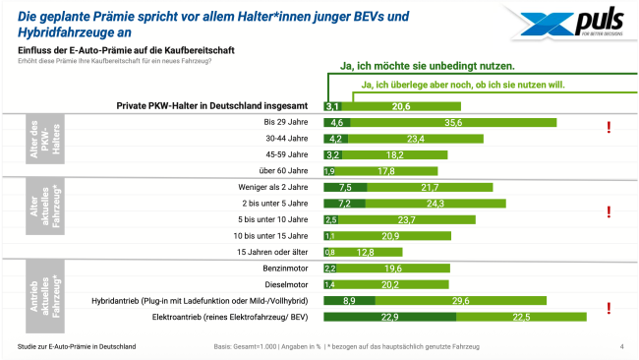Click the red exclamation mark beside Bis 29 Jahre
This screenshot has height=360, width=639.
pyautogui.click(x=610, y=127)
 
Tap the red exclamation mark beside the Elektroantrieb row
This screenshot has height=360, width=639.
pyautogui.click(x=610, y=309)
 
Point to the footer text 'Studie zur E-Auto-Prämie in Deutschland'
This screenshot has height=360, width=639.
pyautogui.click(x=77, y=347)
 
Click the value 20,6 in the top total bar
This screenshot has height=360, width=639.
pyautogui.click(x=400, y=106)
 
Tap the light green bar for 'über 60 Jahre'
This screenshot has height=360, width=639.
pyautogui.click(x=388, y=171)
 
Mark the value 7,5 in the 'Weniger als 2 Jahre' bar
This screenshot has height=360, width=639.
pyautogui.click(x=344, y=187)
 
